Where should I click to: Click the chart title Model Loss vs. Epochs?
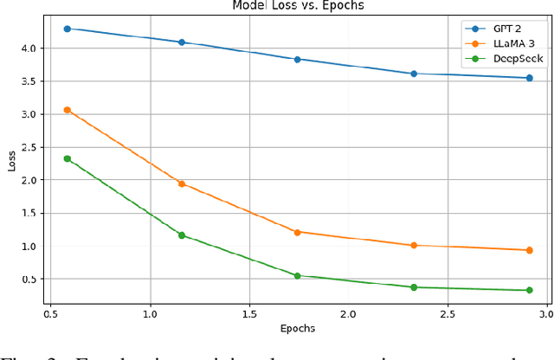coord(297,5)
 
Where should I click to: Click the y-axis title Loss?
coord(12,161)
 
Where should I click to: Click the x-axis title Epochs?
coord(297,329)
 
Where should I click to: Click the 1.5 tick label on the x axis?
coord(249,312)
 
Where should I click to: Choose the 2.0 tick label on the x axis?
coord(348,312)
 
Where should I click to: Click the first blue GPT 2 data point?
coord(67,29)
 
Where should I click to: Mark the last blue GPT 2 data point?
coord(529,78)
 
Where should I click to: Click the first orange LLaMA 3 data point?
coord(67,110)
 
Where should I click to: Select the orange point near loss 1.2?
coord(297,232)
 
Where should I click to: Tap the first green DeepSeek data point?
coord(67,158)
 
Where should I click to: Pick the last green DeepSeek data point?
coord(529,290)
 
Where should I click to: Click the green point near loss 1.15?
coord(182,235)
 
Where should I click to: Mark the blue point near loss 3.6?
coord(414,74)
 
